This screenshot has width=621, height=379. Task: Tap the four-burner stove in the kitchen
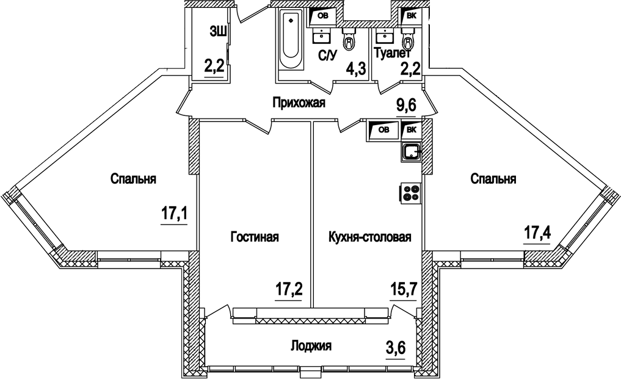coord(411,193)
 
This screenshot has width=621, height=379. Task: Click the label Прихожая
coord(299,103)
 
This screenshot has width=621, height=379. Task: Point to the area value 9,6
coord(406,106)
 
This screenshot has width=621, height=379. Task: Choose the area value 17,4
coord(536,232)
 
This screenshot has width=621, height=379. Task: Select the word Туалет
coord(394,54)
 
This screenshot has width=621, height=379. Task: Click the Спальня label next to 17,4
coord(493,179)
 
